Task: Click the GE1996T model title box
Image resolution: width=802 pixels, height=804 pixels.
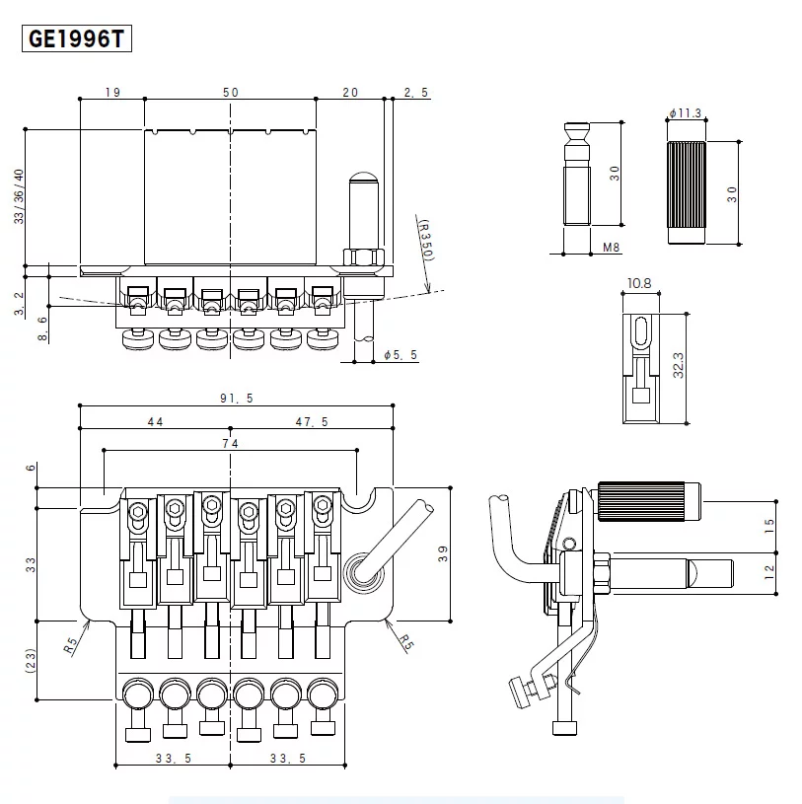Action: pyautogui.click(x=76, y=39)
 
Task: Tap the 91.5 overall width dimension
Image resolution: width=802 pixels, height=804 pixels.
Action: pyautogui.click(x=236, y=398)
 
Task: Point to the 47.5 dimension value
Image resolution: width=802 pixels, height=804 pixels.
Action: pyautogui.click(x=312, y=421)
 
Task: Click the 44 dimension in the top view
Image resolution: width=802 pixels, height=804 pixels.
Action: pyautogui.click(x=155, y=421)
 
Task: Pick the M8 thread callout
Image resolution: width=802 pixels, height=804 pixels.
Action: pyautogui.click(x=612, y=248)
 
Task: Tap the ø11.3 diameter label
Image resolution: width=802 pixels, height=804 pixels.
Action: pyautogui.click(x=685, y=113)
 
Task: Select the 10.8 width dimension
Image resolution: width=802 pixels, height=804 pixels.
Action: pyautogui.click(x=639, y=284)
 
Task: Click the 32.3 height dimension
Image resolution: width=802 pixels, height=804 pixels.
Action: pyautogui.click(x=679, y=368)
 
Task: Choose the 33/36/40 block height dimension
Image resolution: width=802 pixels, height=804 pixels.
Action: pyautogui.click(x=18, y=197)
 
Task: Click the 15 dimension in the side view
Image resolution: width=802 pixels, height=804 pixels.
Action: pyautogui.click(x=769, y=525)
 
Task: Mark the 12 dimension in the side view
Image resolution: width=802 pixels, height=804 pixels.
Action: pyautogui.click(x=769, y=569)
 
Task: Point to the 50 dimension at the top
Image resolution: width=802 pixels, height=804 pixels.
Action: pyautogui.click(x=230, y=92)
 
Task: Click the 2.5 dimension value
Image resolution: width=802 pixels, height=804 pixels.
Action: pyautogui.click(x=415, y=92)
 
